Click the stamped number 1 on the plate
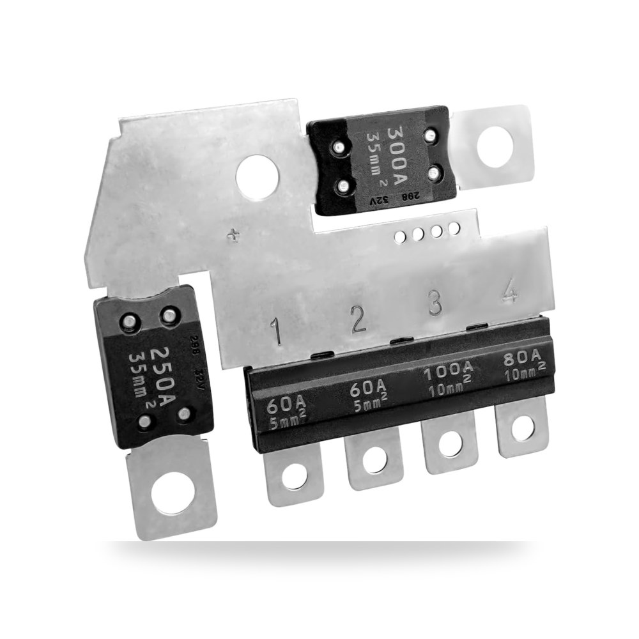coord(277,332)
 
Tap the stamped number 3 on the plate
coord(435,302)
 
